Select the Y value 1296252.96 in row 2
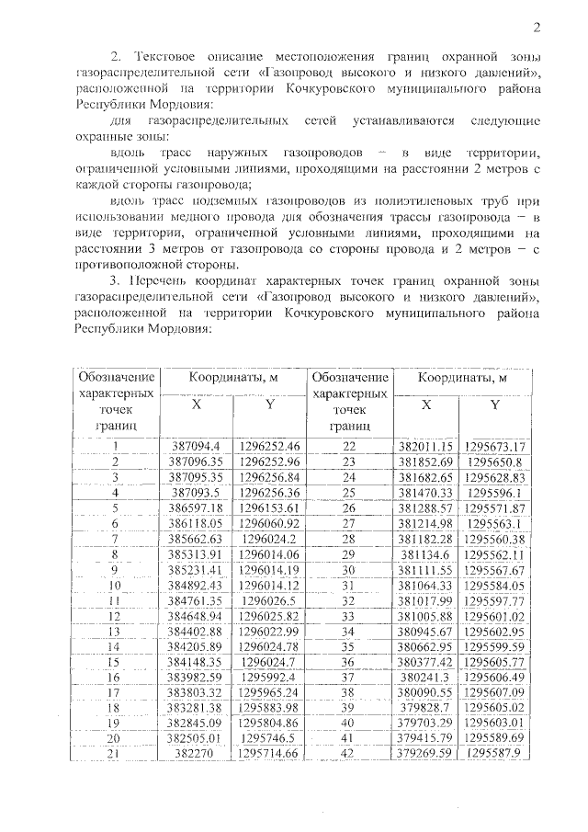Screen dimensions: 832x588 point(269,461)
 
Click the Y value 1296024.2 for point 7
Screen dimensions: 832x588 point(269,537)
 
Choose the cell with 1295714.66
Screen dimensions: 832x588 point(269,754)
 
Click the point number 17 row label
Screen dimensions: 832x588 point(116,692)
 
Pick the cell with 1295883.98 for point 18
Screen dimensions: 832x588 point(269,707)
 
